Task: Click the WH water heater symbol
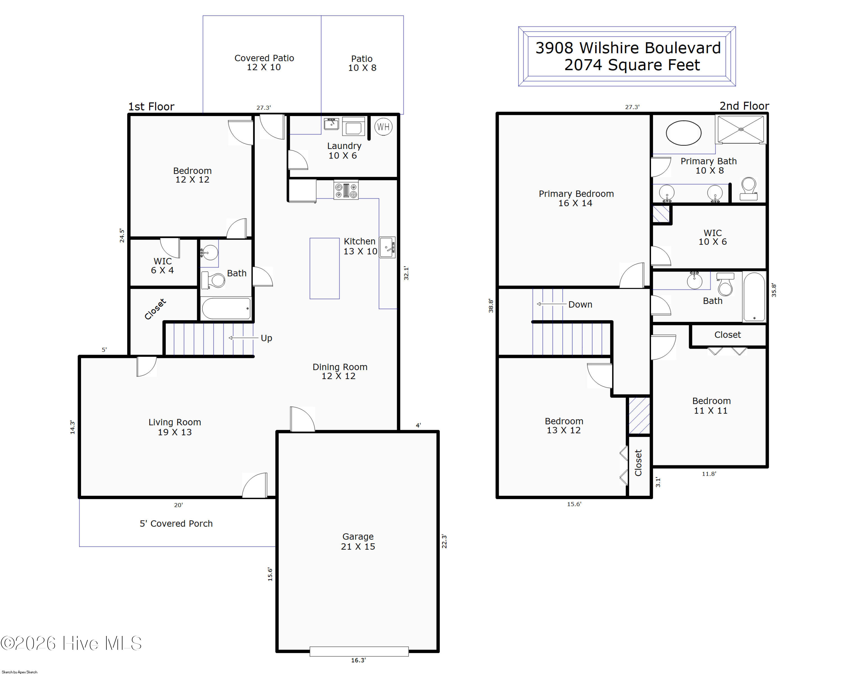tap(383, 126)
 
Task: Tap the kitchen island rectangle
tap(325, 268)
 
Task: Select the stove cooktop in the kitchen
tap(346, 190)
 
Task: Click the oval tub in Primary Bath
tap(683, 133)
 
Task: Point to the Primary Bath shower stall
tap(741, 129)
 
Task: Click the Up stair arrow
tap(243, 338)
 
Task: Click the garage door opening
tap(359, 652)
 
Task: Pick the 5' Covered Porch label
tap(176, 524)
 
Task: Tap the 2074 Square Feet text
tap(632, 65)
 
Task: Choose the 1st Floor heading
tap(151, 106)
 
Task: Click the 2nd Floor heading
tap(744, 106)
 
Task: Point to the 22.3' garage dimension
tap(444, 541)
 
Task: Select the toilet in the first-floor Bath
tap(213, 280)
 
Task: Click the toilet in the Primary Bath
tap(748, 188)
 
